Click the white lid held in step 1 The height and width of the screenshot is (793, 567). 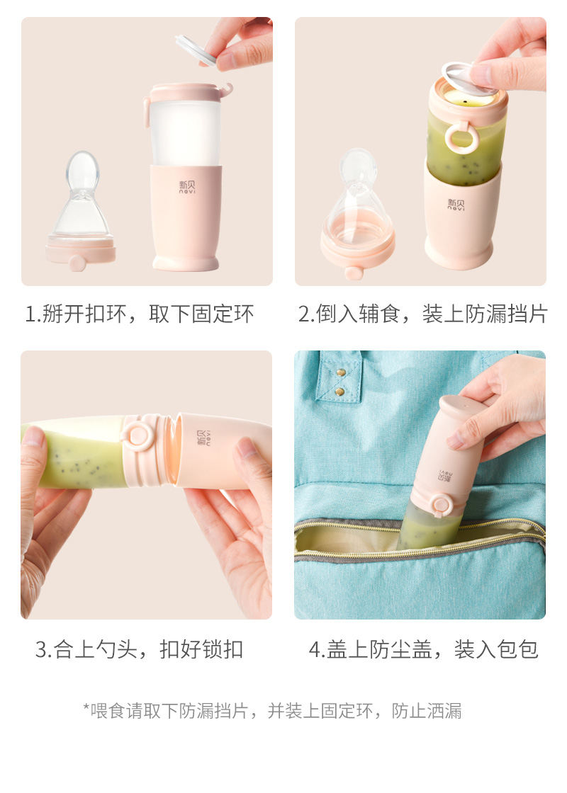point(195,50)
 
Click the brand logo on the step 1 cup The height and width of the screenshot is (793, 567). point(187,187)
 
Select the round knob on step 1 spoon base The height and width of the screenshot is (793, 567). point(77,263)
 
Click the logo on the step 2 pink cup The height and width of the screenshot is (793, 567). point(456,205)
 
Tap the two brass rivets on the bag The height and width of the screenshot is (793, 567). point(341,382)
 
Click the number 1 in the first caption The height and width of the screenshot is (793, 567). point(30,314)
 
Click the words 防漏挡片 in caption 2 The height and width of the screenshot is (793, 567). point(506,314)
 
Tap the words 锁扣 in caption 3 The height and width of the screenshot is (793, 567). point(223,649)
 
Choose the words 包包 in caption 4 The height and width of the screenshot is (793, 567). point(517,649)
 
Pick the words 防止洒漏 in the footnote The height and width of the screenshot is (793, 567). point(427,711)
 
